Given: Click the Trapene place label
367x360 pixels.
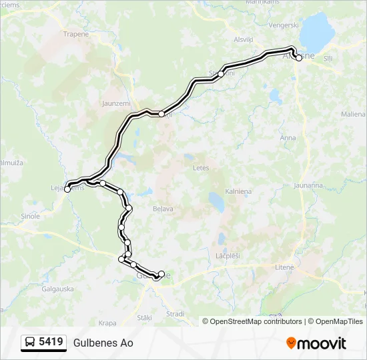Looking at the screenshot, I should tap(75, 33).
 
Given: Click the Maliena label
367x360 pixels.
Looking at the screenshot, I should tap(353, 115).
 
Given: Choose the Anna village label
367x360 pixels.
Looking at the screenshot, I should tap(288, 138).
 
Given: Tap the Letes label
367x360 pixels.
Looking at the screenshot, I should tap(201, 168).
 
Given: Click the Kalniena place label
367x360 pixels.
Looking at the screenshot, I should tap(238, 191).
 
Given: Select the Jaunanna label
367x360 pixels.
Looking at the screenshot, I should tap(308, 185).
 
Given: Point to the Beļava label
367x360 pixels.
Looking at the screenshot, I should tap(163, 209).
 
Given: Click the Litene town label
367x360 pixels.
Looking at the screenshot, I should tap(284, 267).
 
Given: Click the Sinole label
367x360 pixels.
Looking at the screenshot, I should tap(31, 216).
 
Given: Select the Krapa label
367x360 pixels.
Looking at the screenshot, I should tap(107, 323).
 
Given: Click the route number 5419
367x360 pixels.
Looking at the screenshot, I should tap(51, 343).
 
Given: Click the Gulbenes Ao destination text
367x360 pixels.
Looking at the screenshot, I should tap(103, 343).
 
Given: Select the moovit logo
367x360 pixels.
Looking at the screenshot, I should tap(316, 343).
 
